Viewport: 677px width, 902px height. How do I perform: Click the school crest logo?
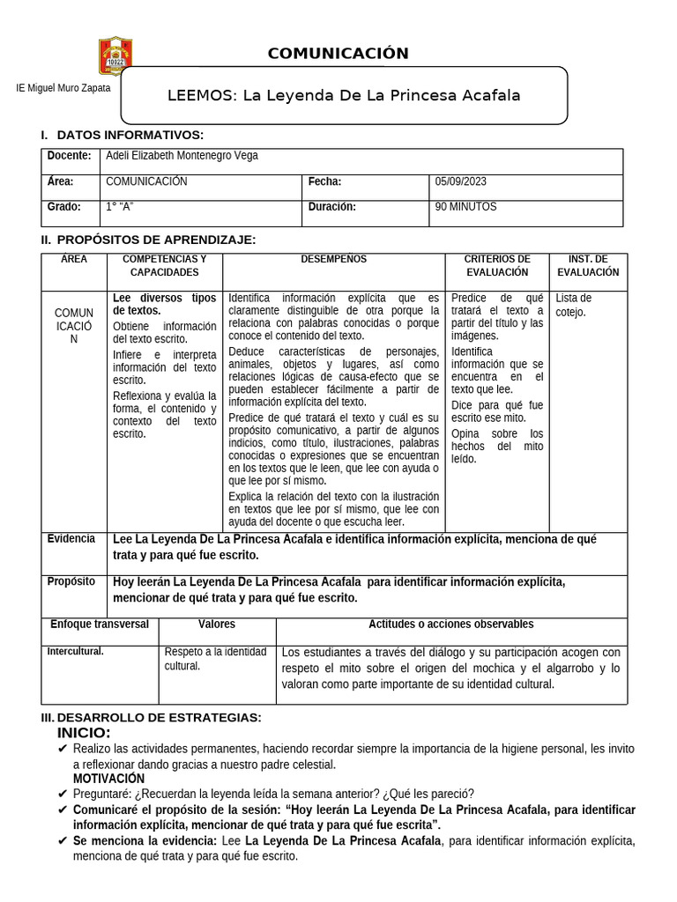pos(115,55)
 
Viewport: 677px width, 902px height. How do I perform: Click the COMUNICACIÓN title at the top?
pos(338,54)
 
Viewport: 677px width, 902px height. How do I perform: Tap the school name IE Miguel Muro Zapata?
pos(63,89)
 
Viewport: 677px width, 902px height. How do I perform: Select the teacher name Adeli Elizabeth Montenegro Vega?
pos(182,156)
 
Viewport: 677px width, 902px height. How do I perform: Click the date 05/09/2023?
pos(461,181)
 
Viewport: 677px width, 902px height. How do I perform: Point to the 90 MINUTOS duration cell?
pos(465,207)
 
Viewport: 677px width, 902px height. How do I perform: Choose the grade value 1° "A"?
pos(119,207)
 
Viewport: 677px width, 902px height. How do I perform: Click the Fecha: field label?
pos(324,181)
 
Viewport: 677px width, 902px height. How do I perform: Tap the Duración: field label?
pos(331,207)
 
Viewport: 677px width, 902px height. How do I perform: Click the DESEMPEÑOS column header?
pos(333,259)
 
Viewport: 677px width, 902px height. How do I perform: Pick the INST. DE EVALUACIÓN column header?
pos(588,265)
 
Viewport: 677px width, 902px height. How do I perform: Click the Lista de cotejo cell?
pos(574,305)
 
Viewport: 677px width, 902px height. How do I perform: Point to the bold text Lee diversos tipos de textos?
pos(164,304)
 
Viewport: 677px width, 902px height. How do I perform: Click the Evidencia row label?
pos(71,539)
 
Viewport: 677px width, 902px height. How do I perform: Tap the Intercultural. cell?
pos(75,652)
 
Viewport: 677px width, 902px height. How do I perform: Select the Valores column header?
pos(217,624)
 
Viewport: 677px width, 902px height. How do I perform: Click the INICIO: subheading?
pos(84,734)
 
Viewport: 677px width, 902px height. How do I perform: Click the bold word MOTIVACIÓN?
pos(108,779)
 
